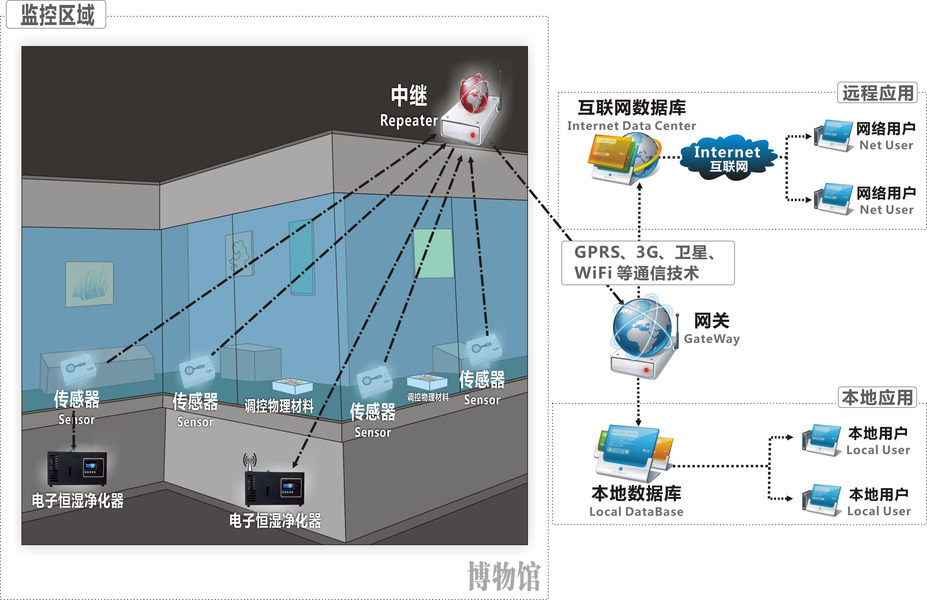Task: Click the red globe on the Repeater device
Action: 474,94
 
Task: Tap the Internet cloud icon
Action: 727,158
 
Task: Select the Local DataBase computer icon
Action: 631,454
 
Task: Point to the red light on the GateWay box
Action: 646,370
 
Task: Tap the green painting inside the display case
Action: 433,253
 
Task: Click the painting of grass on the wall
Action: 90,284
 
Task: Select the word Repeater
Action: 409,121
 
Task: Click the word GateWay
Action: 712,339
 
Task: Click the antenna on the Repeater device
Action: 500,90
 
